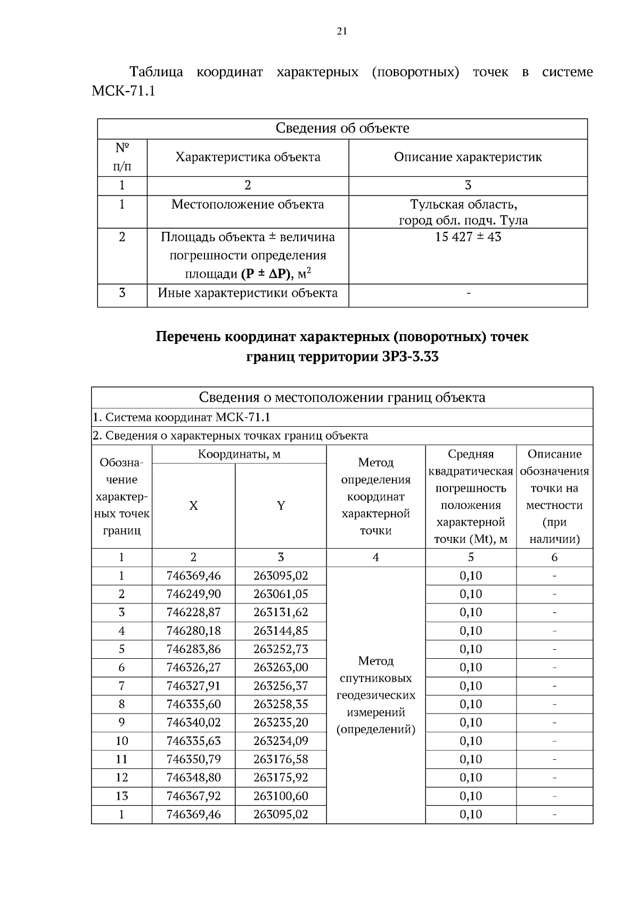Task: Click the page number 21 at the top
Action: pos(342,31)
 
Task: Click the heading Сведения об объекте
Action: pos(342,128)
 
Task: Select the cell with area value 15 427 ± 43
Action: pos(468,237)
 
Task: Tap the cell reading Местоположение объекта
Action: pos(248,204)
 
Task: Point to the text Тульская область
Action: pos(464,204)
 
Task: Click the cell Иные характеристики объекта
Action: pos(248,293)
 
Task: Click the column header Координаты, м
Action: pos(239,454)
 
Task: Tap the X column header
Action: pos(193,506)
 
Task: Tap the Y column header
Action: pos(281,506)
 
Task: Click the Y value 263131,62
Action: pos(281,612)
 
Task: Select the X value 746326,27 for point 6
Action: pos(193,667)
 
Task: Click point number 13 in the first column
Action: pos(121,796)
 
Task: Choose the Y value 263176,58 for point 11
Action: pos(281,759)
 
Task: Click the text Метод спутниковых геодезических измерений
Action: pos(375,695)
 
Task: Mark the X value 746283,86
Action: pos(193,649)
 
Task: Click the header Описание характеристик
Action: pos(468,158)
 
